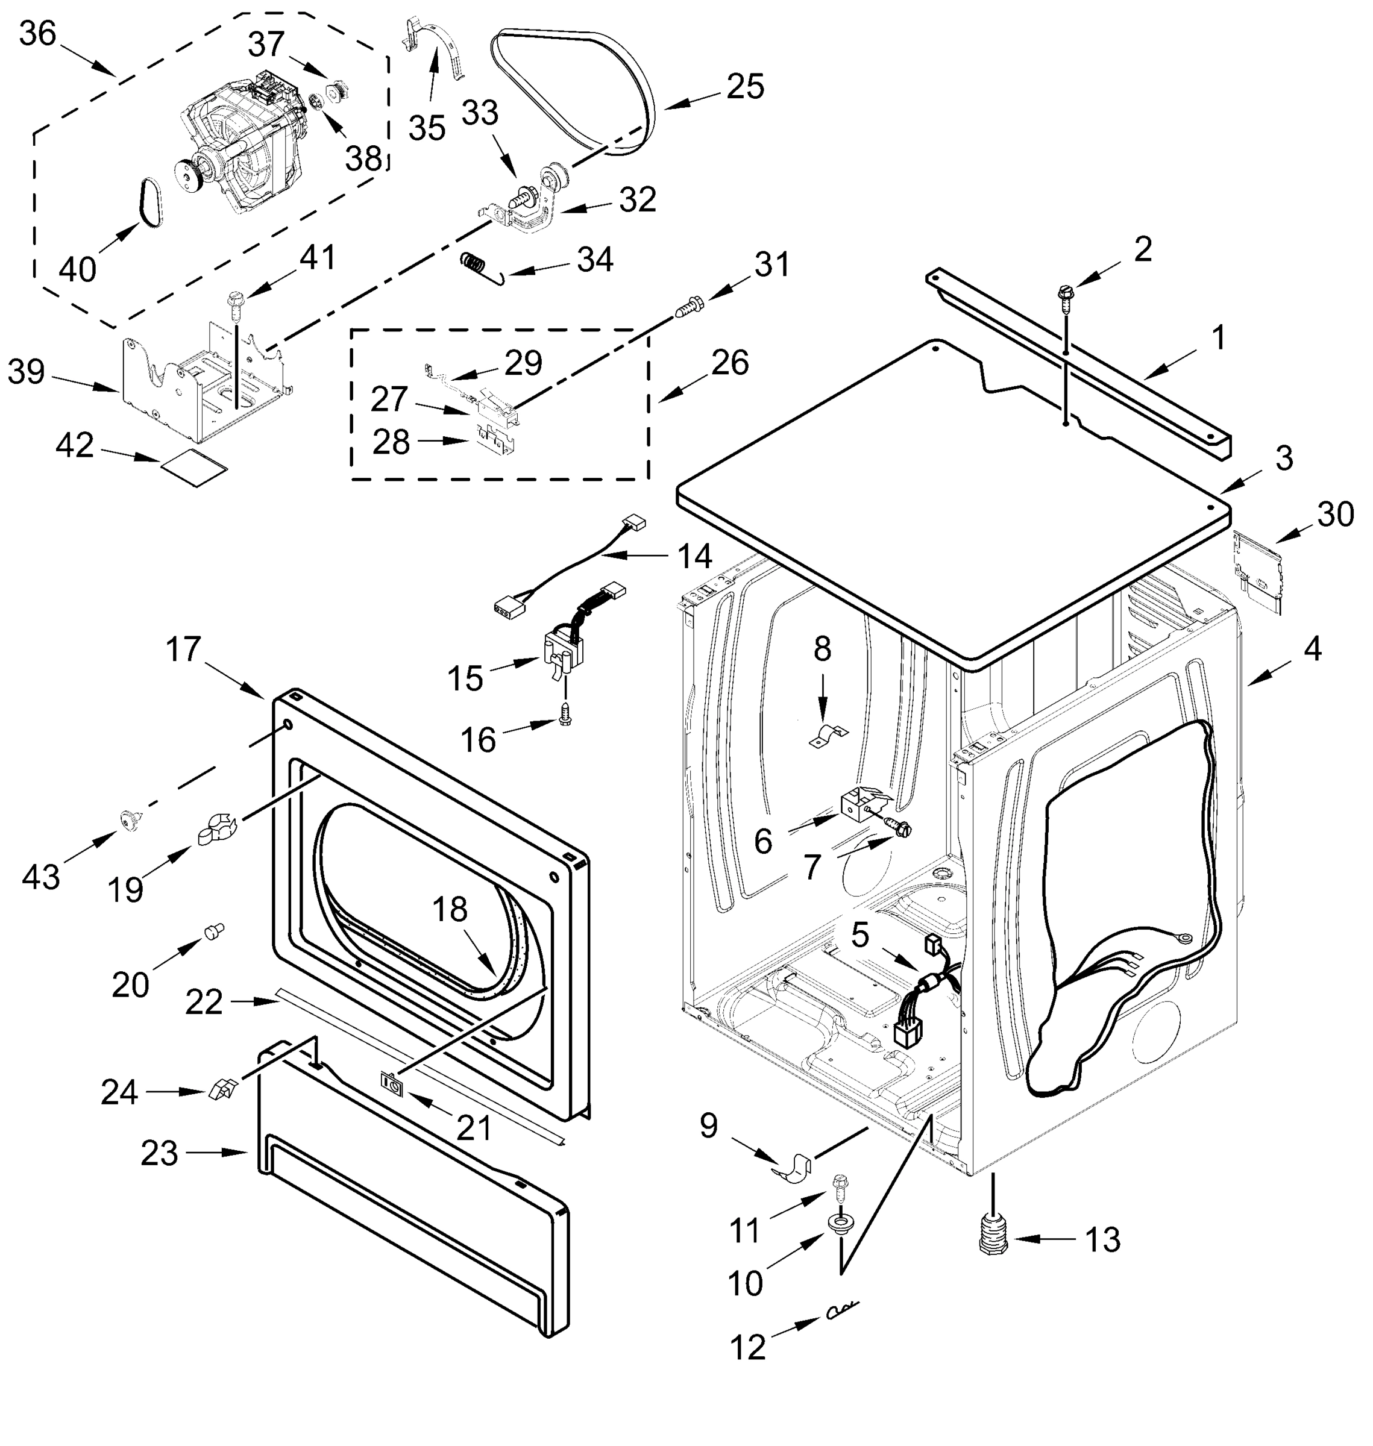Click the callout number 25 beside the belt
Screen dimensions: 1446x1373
(x=745, y=86)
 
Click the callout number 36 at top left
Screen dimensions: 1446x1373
(x=37, y=33)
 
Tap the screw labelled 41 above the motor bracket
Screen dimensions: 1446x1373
(x=236, y=302)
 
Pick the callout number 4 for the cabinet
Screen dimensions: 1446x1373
(x=1312, y=648)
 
